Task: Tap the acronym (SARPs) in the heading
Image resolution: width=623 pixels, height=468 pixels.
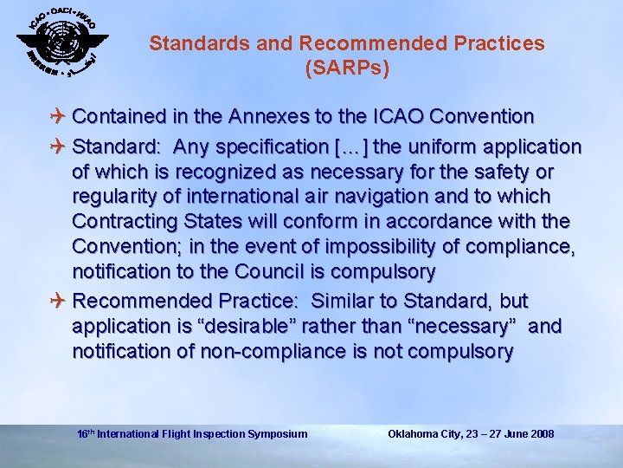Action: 347,68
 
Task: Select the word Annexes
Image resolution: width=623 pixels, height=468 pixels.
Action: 294,116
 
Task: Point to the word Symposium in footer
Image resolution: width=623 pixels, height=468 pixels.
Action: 277,433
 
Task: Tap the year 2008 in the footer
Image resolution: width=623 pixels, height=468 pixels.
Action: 542,433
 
